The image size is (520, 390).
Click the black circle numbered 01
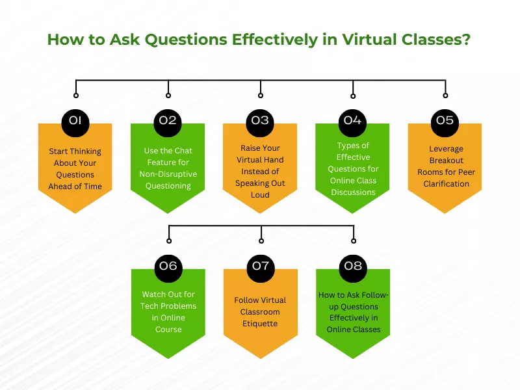point(75,120)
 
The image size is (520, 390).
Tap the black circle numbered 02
point(168,120)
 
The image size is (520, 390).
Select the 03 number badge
point(260,120)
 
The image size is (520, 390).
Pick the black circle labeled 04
point(352,120)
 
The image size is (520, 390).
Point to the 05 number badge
point(445,120)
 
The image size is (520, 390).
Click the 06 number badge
point(168,266)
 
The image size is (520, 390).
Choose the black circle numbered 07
point(260,266)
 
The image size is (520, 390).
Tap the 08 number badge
point(352,266)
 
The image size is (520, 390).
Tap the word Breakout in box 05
point(446,161)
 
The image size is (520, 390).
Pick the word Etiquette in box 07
point(260,324)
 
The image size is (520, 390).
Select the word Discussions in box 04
point(352,192)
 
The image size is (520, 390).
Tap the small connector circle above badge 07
point(261,240)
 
